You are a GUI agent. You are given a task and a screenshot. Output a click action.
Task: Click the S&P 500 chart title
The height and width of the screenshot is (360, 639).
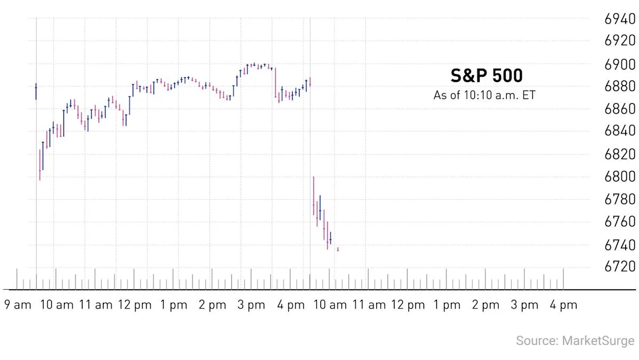pyautogui.click(x=487, y=76)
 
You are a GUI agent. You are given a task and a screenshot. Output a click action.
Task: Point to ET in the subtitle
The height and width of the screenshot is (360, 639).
pyautogui.click(x=529, y=95)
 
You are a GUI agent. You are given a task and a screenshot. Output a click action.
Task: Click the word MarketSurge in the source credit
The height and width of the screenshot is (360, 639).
pyautogui.click(x=598, y=340)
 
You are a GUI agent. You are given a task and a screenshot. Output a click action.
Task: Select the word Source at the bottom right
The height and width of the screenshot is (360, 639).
pyautogui.click(x=536, y=340)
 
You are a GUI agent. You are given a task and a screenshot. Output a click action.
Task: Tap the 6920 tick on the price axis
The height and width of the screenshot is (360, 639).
pyautogui.click(x=620, y=40)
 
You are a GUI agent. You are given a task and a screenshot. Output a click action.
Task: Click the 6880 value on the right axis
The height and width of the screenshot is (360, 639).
pyautogui.click(x=620, y=86)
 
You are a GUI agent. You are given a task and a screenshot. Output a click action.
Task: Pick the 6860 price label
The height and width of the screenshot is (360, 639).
pyautogui.click(x=620, y=109)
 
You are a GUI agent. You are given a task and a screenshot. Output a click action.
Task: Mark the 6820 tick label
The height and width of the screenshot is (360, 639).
pyautogui.click(x=620, y=154)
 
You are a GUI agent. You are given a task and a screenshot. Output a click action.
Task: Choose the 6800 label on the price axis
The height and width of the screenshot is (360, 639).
pyautogui.click(x=620, y=176)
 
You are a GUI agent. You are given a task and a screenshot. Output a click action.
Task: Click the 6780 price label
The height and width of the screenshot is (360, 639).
pyautogui.click(x=620, y=200)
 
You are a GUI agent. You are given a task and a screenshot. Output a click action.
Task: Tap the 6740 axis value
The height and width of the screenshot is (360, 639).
pyautogui.click(x=620, y=245)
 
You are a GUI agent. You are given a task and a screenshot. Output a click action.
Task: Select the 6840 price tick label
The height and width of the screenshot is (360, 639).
pyautogui.click(x=620, y=131)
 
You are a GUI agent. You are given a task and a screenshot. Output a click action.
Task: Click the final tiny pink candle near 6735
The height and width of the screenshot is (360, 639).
pyautogui.click(x=338, y=249)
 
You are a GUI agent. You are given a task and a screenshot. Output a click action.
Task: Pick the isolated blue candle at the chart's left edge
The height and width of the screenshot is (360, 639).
pyautogui.click(x=36, y=91)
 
